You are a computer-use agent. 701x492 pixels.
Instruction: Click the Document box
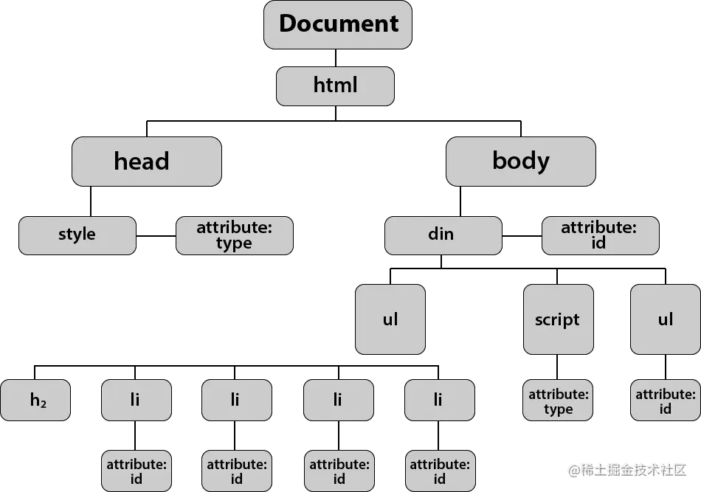pyautogui.click(x=338, y=24)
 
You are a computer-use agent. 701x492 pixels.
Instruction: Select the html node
pyautogui.click(x=335, y=86)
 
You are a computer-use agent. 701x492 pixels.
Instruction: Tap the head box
pyautogui.click(x=146, y=161)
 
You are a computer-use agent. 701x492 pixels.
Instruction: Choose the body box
pyautogui.click(x=520, y=161)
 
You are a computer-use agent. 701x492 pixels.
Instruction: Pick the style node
pyautogui.click(x=77, y=235)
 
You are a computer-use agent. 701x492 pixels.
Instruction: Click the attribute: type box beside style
pyautogui.click(x=234, y=235)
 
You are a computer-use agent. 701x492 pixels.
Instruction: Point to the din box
pyautogui.click(x=442, y=235)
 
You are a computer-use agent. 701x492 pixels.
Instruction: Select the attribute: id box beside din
pyautogui.click(x=599, y=235)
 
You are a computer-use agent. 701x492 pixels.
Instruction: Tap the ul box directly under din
pyautogui.click(x=390, y=319)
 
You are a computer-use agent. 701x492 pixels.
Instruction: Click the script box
pyautogui.click(x=557, y=319)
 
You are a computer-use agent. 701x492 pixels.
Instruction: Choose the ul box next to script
pyautogui.click(x=665, y=319)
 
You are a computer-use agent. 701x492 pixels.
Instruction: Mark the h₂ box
pyautogui.click(x=35, y=400)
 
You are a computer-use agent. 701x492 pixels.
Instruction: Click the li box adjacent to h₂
pyautogui.click(x=136, y=400)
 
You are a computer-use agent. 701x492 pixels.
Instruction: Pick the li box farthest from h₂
pyautogui.click(x=439, y=400)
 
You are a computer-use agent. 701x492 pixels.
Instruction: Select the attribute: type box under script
pyautogui.click(x=558, y=401)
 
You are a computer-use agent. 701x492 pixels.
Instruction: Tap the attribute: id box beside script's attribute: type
pyautogui.click(x=665, y=401)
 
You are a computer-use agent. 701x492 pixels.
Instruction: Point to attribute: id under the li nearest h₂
pyautogui.click(x=136, y=471)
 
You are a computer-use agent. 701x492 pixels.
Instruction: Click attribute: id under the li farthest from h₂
pyautogui.click(x=440, y=471)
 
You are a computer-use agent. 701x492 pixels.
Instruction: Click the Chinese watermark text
pyautogui.click(x=626, y=469)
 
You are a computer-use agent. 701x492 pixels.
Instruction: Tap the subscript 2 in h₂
pyautogui.click(x=44, y=404)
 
